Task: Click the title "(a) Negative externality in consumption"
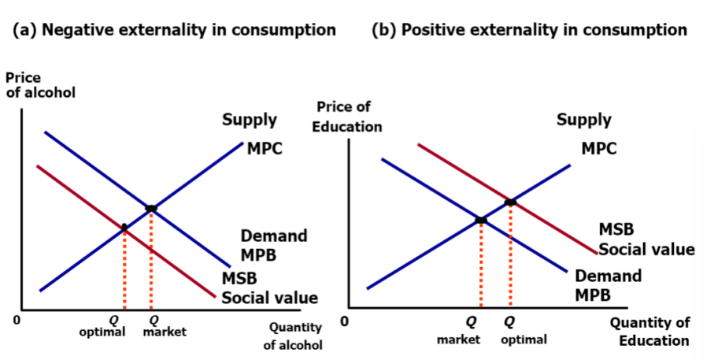pyautogui.click(x=175, y=31)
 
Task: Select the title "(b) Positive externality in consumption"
pyautogui.click(x=529, y=31)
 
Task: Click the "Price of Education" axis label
pyautogui.click(x=347, y=117)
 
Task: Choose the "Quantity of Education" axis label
pyautogui.click(x=649, y=332)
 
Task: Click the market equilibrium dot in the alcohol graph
pyautogui.click(x=151, y=208)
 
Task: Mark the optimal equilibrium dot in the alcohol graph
pyautogui.click(x=124, y=228)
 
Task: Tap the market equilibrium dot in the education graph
pyautogui.click(x=481, y=221)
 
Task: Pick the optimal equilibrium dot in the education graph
pyautogui.click(x=510, y=202)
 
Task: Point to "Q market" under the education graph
pyautogui.click(x=459, y=331)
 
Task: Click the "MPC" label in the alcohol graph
pyautogui.click(x=264, y=149)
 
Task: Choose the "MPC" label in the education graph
pyautogui.click(x=599, y=149)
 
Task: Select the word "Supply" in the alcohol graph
pyautogui.click(x=250, y=120)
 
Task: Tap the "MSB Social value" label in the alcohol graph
pyautogui.click(x=268, y=288)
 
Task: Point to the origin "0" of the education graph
pyautogui.click(x=343, y=321)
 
